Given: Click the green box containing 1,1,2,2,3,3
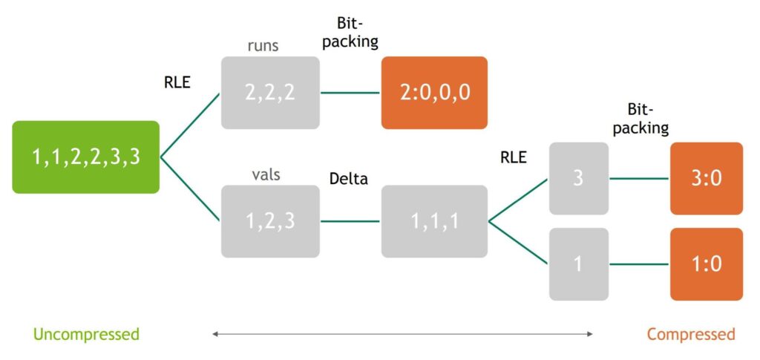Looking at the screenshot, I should (86, 157).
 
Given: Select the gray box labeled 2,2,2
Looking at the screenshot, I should (270, 93).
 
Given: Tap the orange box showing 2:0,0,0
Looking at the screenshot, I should (434, 93).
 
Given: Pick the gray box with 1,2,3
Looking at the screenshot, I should (270, 221).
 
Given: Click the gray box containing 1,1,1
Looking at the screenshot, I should (434, 221).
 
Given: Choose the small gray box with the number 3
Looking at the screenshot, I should (579, 179).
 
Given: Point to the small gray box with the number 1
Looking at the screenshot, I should (579, 264).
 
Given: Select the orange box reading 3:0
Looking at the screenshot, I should (706, 179).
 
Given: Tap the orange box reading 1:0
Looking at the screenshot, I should (706, 264).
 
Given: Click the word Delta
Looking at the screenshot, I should (349, 179).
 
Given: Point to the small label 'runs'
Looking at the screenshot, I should (263, 46).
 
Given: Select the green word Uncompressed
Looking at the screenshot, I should (86, 334).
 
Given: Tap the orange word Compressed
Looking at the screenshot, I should (691, 334).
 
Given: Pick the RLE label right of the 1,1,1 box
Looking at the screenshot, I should (514, 157).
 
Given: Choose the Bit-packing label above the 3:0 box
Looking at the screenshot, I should (648, 119).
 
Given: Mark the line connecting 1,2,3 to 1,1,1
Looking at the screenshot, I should (350, 221).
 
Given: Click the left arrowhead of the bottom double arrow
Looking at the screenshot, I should (215, 334).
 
